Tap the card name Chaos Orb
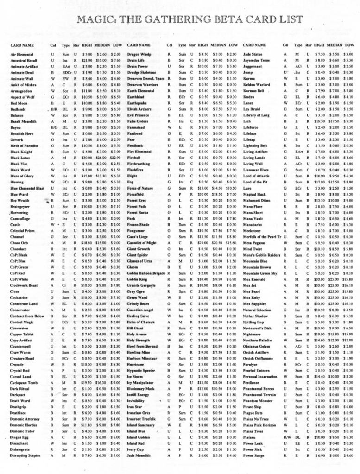pyautogui.click(x=19, y=242)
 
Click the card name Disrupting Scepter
pyautogui.click(x=26, y=455)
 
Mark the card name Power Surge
pyautogui.click(x=253, y=455)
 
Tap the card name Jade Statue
pyautogui.click(x=253, y=55)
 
